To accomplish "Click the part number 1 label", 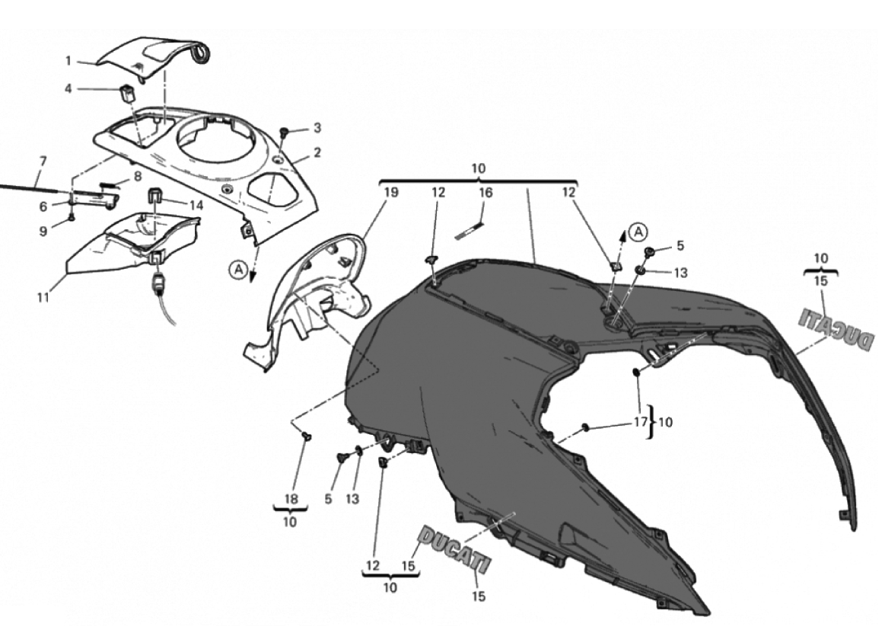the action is tap(68, 61).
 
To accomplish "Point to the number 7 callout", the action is tap(43, 161).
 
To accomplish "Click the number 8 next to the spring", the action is tap(137, 177).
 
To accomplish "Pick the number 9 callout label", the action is tap(43, 232).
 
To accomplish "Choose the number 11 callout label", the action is tap(43, 297).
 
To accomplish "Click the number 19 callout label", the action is tap(390, 193).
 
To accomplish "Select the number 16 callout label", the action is tap(485, 193).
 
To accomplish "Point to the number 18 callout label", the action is tap(291, 499).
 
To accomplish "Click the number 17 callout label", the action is tap(640, 422).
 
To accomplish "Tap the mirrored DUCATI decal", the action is tap(836, 330).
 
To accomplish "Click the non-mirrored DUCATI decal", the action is tap(454, 548).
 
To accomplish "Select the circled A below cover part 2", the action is tap(238, 271).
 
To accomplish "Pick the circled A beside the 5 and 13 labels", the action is tap(638, 231).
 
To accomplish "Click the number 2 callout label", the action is tap(317, 152).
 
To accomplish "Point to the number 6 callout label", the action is tap(43, 207).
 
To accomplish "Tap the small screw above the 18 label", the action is tap(307, 435).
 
